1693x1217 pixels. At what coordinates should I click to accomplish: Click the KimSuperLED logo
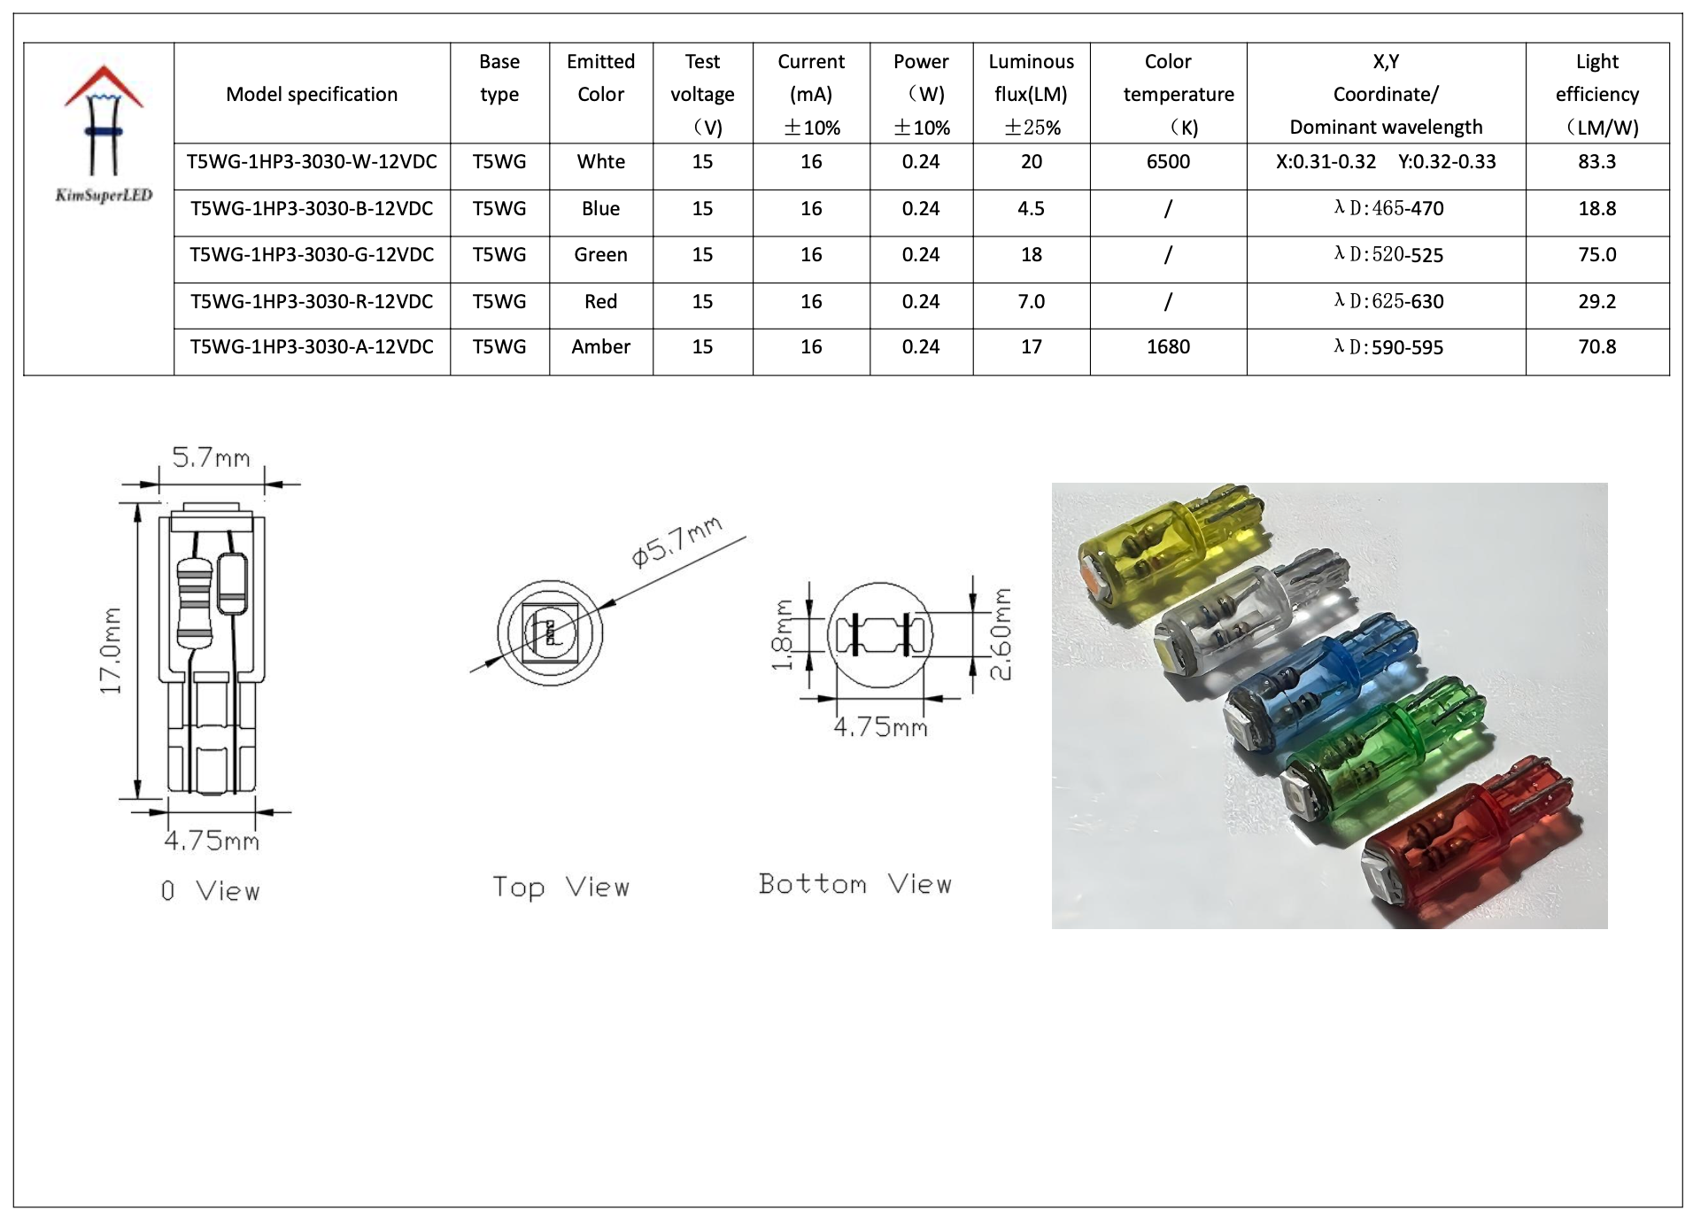[103, 133]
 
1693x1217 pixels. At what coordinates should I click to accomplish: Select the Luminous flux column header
[1031, 94]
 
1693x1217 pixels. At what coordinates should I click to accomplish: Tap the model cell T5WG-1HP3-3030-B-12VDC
[312, 209]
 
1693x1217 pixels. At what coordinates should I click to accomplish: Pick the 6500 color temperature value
[1168, 162]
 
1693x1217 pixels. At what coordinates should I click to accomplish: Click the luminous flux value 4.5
[1031, 209]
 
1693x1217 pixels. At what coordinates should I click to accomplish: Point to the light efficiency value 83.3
[1596, 162]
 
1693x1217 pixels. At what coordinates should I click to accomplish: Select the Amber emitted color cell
[600, 347]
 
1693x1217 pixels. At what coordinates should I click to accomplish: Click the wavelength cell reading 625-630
[1388, 302]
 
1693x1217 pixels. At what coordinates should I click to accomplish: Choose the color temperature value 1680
[1168, 347]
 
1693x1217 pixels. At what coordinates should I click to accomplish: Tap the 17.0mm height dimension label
[111, 651]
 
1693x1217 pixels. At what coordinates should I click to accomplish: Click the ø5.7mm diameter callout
[676, 541]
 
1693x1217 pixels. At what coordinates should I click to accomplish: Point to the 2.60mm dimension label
[1000, 634]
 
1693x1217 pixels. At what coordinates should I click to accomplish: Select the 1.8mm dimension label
[783, 635]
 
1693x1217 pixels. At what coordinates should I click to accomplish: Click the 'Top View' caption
[560, 887]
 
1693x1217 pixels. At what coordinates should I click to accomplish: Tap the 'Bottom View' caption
[854, 884]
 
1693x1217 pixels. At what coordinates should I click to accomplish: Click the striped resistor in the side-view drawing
[194, 601]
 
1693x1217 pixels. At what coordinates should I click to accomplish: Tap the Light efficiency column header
[1596, 94]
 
